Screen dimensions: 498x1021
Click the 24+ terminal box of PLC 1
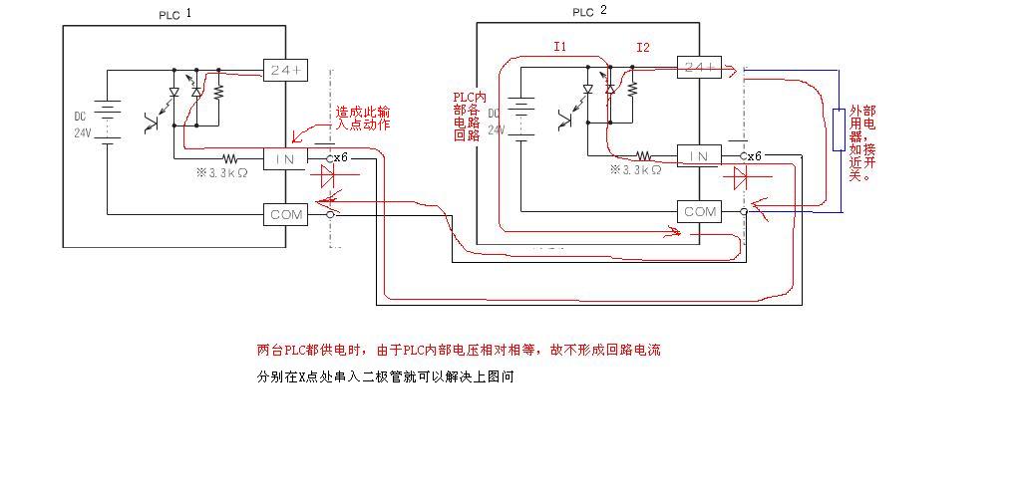(x=286, y=70)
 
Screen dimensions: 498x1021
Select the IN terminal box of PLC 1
(x=286, y=158)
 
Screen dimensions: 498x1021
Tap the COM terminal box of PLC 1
(x=286, y=214)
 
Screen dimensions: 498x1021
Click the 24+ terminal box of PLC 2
(x=699, y=68)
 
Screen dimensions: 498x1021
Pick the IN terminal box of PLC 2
(x=699, y=156)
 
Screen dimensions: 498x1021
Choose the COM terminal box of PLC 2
(x=699, y=212)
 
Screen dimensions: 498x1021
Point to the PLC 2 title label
(x=589, y=12)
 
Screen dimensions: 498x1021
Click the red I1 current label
(x=560, y=47)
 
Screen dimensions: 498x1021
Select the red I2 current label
(x=643, y=47)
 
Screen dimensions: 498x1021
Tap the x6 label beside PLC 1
(x=340, y=157)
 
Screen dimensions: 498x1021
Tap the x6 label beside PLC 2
(x=754, y=156)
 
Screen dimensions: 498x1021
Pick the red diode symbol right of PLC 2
(x=741, y=178)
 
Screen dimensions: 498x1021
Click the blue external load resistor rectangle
(x=840, y=130)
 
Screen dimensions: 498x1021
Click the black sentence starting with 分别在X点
(x=385, y=377)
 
